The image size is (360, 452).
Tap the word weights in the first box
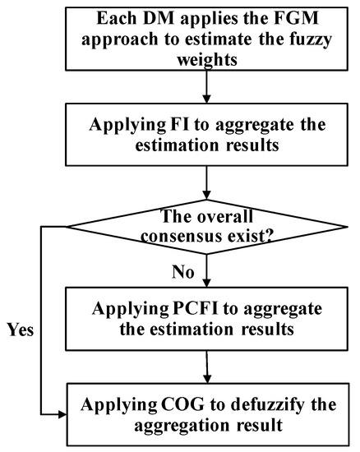point(207,60)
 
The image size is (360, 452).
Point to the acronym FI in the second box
point(178,125)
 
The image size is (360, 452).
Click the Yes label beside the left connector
point(21,330)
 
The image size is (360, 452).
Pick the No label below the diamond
point(183,271)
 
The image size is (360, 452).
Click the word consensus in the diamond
point(182,237)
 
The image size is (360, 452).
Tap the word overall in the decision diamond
point(224,216)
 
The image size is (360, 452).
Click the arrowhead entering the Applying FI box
point(206,99)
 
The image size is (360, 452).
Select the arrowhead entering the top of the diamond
point(206,195)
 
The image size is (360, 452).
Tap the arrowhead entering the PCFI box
point(206,283)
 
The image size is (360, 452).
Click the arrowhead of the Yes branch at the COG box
point(62,414)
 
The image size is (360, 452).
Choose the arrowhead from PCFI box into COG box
point(207,379)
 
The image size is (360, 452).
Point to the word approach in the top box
point(120,40)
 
